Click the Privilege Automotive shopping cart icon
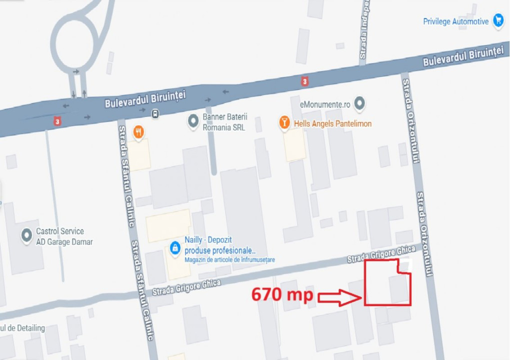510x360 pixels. pyautogui.click(x=498, y=21)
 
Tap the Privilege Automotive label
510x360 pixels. pyautogui.click(x=455, y=21)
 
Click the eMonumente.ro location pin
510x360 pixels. pyautogui.click(x=359, y=104)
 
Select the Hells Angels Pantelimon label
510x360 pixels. pyautogui.click(x=332, y=123)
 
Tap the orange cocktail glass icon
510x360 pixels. pyautogui.click(x=284, y=122)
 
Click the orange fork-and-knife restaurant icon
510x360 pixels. pyautogui.click(x=138, y=132)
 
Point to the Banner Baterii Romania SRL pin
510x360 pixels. pyautogui.click(x=193, y=120)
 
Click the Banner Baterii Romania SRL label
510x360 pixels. pyautogui.click(x=224, y=122)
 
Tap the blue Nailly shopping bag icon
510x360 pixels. pyautogui.click(x=175, y=247)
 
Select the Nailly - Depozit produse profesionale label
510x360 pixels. pyautogui.click(x=220, y=245)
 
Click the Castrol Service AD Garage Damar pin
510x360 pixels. pyautogui.click(x=26, y=235)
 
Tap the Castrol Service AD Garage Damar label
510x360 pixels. pyautogui.click(x=64, y=236)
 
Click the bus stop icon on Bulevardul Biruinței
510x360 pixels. pyautogui.click(x=155, y=113)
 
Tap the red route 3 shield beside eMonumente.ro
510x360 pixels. pyautogui.click(x=304, y=80)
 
